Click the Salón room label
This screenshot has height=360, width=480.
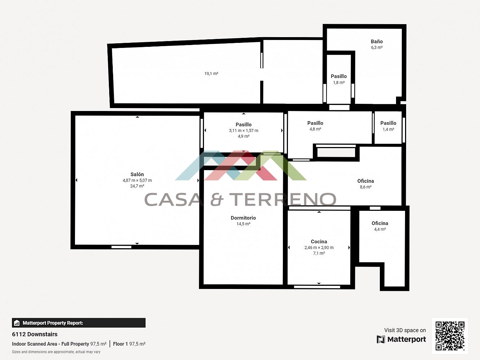coord(137,174)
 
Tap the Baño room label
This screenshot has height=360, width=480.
coord(377,41)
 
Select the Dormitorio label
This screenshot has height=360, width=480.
coord(243,218)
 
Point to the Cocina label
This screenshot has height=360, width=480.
coord(319,241)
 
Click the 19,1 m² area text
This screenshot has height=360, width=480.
coord(211,74)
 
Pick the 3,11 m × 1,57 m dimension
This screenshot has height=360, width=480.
coord(244,130)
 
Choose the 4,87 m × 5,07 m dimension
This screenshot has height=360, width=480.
coord(137,180)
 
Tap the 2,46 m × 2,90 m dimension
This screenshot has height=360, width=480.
coord(319,248)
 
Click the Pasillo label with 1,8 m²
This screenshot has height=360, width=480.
coord(339,76)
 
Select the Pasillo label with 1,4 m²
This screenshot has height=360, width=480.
coord(388,123)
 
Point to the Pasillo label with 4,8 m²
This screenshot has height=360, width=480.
coord(315,123)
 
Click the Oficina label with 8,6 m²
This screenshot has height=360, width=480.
coord(366,181)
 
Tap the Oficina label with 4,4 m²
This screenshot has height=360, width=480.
coord(380,223)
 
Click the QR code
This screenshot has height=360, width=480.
coord(450,336)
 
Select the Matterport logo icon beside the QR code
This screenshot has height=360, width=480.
coord(381,339)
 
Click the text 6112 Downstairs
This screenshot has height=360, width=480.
coord(35,334)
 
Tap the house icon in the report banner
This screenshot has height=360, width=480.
coord(17,323)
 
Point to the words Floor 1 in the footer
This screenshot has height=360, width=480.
coord(120,344)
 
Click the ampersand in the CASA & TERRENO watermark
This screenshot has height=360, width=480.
coord(217,199)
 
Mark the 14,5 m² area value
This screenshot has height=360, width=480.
coord(243,224)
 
